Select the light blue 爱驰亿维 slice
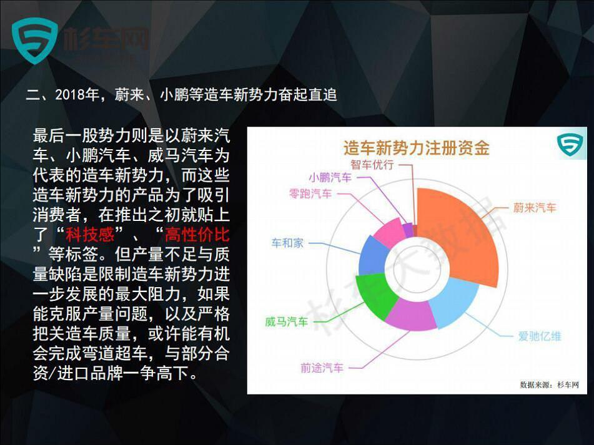pyautogui.click(x=455, y=301)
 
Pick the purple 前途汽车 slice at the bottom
pyautogui.click(x=411, y=314)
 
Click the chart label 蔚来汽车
pyautogui.click(x=535, y=207)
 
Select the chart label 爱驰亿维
pyautogui.click(x=540, y=336)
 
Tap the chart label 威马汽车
pyautogui.click(x=287, y=321)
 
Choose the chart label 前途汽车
pyautogui.click(x=322, y=368)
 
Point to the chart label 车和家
pyautogui.click(x=287, y=243)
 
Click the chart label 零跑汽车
pyautogui.click(x=310, y=193)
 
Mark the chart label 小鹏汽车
pyautogui.click(x=330, y=177)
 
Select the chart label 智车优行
pyautogui.click(x=372, y=165)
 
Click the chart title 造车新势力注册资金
pyautogui.click(x=417, y=147)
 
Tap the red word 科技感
pyautogui.click(x=90, y=234)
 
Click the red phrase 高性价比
pyautogui.click(x=197, y=234)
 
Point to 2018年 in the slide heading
pyautogui.click(x=77, y=95)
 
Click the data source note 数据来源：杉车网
pyautogui.click(x=549, y=385)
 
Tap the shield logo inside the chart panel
pyautogui.click(x=570, y=144)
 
